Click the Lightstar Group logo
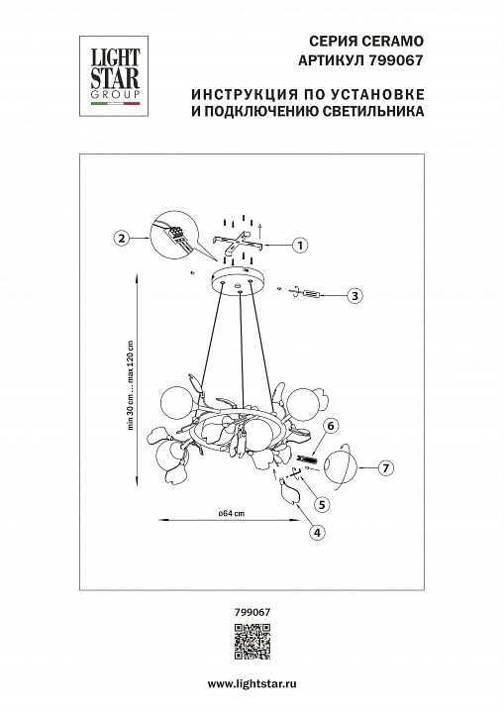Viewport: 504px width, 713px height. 109,71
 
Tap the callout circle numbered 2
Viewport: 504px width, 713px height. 120,238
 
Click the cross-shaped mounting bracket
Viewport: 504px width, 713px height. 238,244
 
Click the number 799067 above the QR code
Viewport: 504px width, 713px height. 252,612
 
